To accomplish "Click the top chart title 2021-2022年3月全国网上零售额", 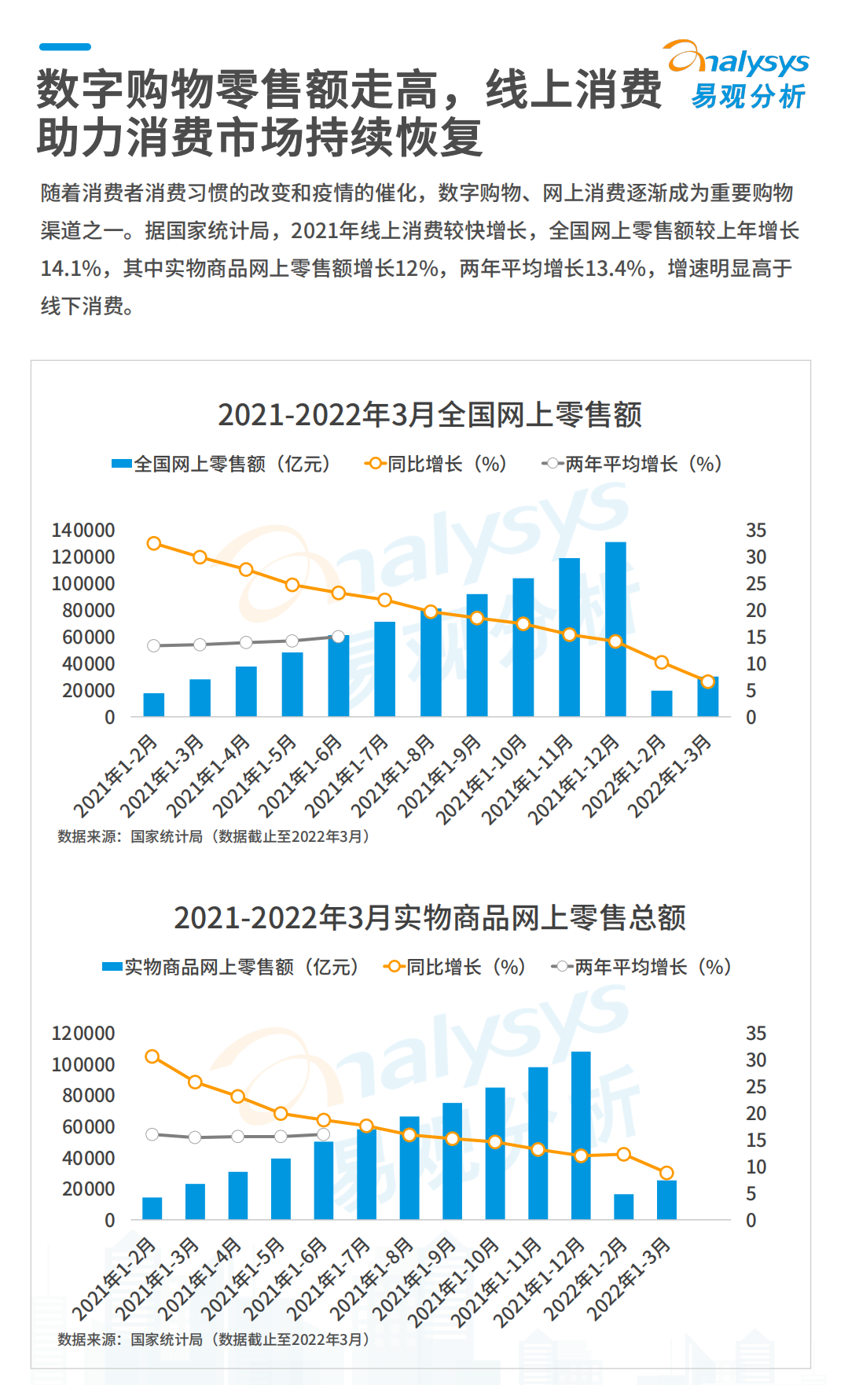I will click(429, 414).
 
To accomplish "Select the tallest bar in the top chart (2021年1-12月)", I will click(615, 629).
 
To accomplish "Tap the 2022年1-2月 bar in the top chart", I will click(662, 704).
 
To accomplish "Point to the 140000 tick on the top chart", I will click(83, 531).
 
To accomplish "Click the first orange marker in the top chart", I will click(154, 543).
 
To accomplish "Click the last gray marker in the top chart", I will click(339, 637).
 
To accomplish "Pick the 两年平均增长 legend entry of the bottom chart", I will click(641, 967).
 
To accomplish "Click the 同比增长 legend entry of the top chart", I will click(436, 464).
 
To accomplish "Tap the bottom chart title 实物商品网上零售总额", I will click(429, 917).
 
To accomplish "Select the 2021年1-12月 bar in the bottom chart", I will click(581, 1135).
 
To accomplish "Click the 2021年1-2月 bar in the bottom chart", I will click(152, 1208).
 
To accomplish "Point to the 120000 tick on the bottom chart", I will click(83, 1034).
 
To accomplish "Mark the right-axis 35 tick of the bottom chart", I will click(755, 1034).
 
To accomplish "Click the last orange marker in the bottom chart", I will click(666, 1173).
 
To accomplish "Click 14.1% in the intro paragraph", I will click(71, 269).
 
